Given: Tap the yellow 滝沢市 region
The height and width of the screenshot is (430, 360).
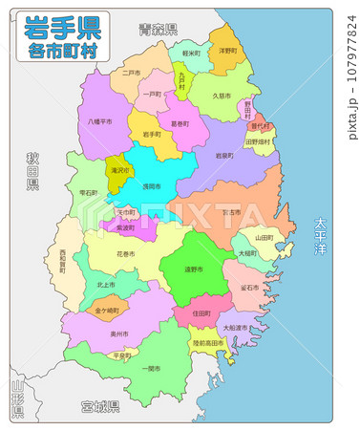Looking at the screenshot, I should coord(118,168).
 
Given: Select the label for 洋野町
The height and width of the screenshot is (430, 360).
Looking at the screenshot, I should coord(227,50).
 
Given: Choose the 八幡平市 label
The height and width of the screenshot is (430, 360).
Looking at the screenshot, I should coord(99,121).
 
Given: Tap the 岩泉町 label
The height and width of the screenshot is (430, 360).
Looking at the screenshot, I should coord(224,155).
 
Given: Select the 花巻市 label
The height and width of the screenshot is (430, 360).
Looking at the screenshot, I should coord(125,255).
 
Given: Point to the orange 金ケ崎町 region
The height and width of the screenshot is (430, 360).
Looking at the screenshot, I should coord(108,311).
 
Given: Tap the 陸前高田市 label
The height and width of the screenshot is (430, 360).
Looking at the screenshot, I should coord(207,342).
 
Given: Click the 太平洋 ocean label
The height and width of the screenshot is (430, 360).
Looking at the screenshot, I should coord(321,239).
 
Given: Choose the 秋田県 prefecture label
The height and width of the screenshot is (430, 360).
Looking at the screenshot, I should coord(32,170).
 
